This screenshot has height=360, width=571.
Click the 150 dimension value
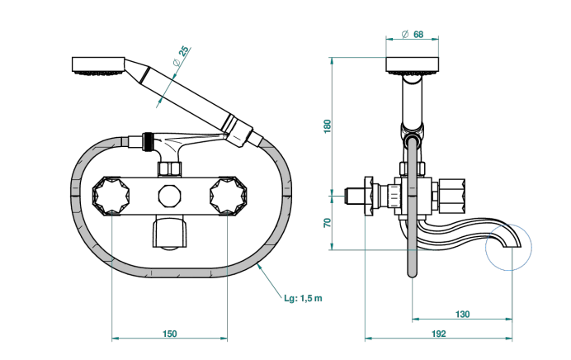169,334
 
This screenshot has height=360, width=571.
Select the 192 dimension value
438,334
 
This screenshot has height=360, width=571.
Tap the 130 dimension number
462,314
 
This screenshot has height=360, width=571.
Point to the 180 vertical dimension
328,126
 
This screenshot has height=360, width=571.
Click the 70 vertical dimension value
328,223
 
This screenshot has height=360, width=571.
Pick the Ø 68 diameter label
413,34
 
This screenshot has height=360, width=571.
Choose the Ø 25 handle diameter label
181,56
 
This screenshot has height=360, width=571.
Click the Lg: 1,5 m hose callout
303,298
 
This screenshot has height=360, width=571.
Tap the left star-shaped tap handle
111,196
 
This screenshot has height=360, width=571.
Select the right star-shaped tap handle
229,196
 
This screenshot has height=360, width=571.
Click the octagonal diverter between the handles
170,196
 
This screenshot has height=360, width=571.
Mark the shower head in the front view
99,66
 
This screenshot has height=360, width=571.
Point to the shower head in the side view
413,66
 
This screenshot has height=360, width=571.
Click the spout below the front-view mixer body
170,233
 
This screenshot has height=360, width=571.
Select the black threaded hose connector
148,142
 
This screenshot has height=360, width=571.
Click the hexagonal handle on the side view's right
451,196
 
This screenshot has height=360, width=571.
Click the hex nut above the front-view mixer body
170,169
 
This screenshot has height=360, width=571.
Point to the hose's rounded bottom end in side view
413,273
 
